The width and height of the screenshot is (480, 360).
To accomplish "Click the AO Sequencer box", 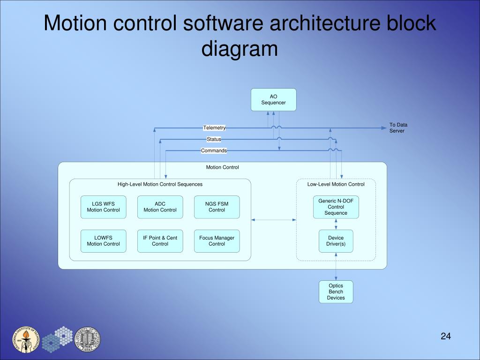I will (273, 99).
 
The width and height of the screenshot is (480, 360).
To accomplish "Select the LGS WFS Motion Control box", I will (103, 207).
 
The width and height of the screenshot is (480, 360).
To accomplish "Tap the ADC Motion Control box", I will (160, 207).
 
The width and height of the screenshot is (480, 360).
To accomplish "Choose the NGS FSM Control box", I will (217, 207).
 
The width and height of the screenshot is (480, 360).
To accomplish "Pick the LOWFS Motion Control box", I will (103, 241).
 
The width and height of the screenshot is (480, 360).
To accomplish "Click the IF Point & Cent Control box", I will (160, 241).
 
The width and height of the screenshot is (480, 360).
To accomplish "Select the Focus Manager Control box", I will (217, 241).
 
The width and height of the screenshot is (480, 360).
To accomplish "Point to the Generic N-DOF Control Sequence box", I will (336, 207).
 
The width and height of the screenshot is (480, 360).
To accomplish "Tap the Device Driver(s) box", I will (336, 241).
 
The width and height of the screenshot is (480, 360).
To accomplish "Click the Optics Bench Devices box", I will (336, 292).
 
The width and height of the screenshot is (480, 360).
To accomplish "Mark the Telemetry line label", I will (214, 128).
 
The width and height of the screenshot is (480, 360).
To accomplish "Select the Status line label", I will (214, 139).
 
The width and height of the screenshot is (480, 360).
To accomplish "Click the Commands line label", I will (214, 150).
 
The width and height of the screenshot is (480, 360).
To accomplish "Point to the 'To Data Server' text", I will (398, 128).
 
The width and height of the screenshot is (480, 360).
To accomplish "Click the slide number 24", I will (445, 336).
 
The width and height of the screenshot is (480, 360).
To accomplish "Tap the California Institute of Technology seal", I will (26, 339).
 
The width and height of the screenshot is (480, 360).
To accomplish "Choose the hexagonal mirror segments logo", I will (57, 339).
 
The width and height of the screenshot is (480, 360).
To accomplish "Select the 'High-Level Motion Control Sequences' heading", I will (160, 184).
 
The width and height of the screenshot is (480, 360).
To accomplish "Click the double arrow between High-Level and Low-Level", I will (274, 219).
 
